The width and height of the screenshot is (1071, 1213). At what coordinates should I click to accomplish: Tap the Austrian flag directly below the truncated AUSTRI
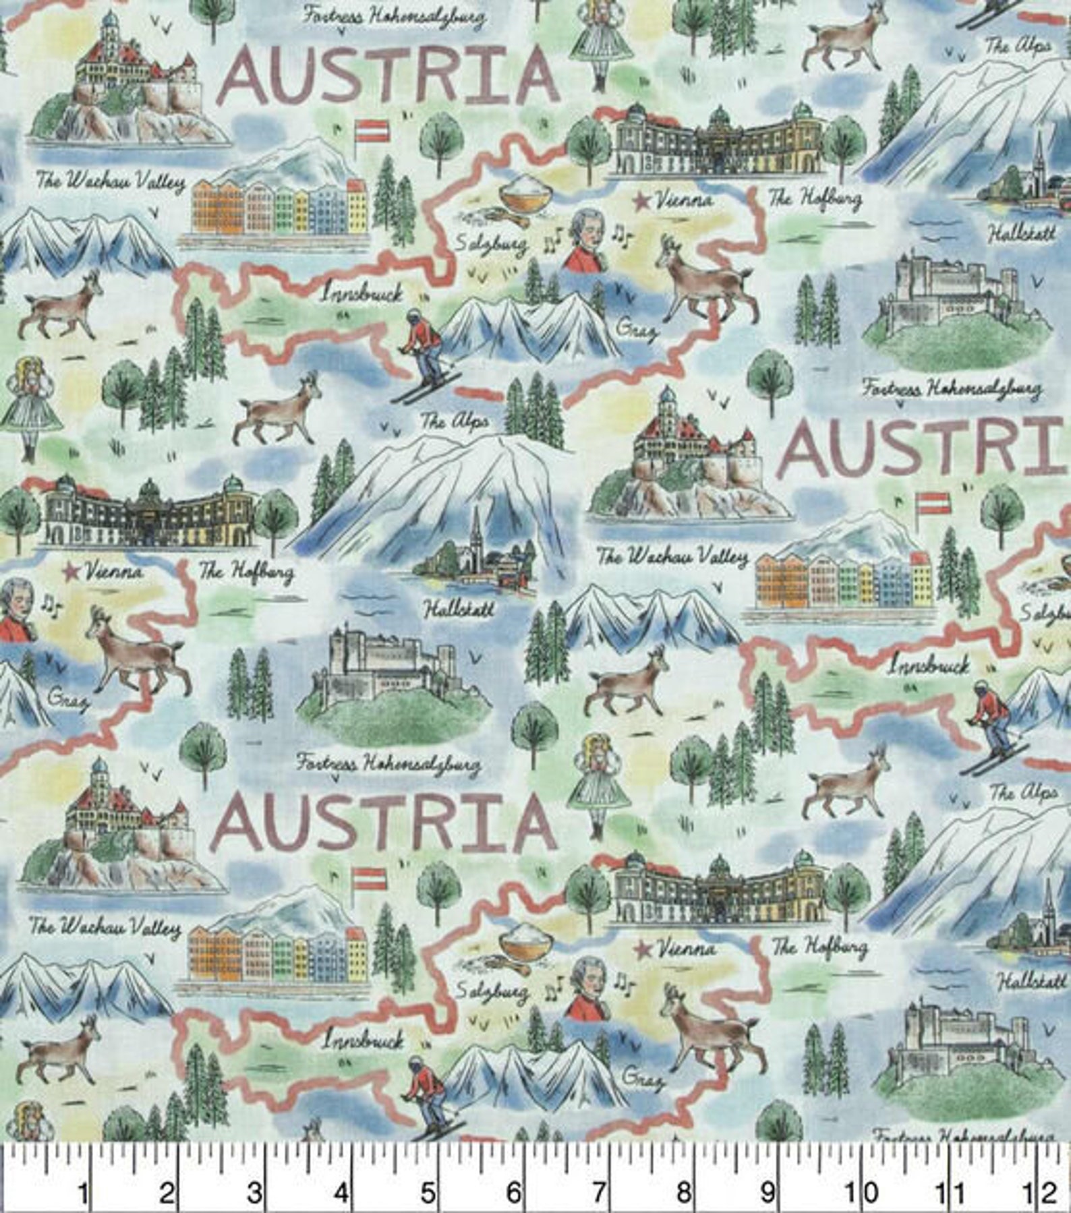click(x=932, y=502)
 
